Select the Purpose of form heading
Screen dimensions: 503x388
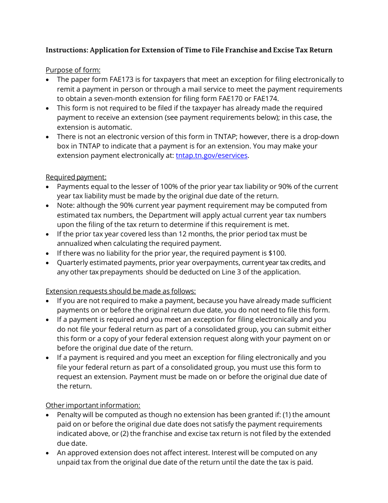73,70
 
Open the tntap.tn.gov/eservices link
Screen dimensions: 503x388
212,155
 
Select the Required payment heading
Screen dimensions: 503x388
76,177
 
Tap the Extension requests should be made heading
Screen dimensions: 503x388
120,291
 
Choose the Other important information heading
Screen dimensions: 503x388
93,405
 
